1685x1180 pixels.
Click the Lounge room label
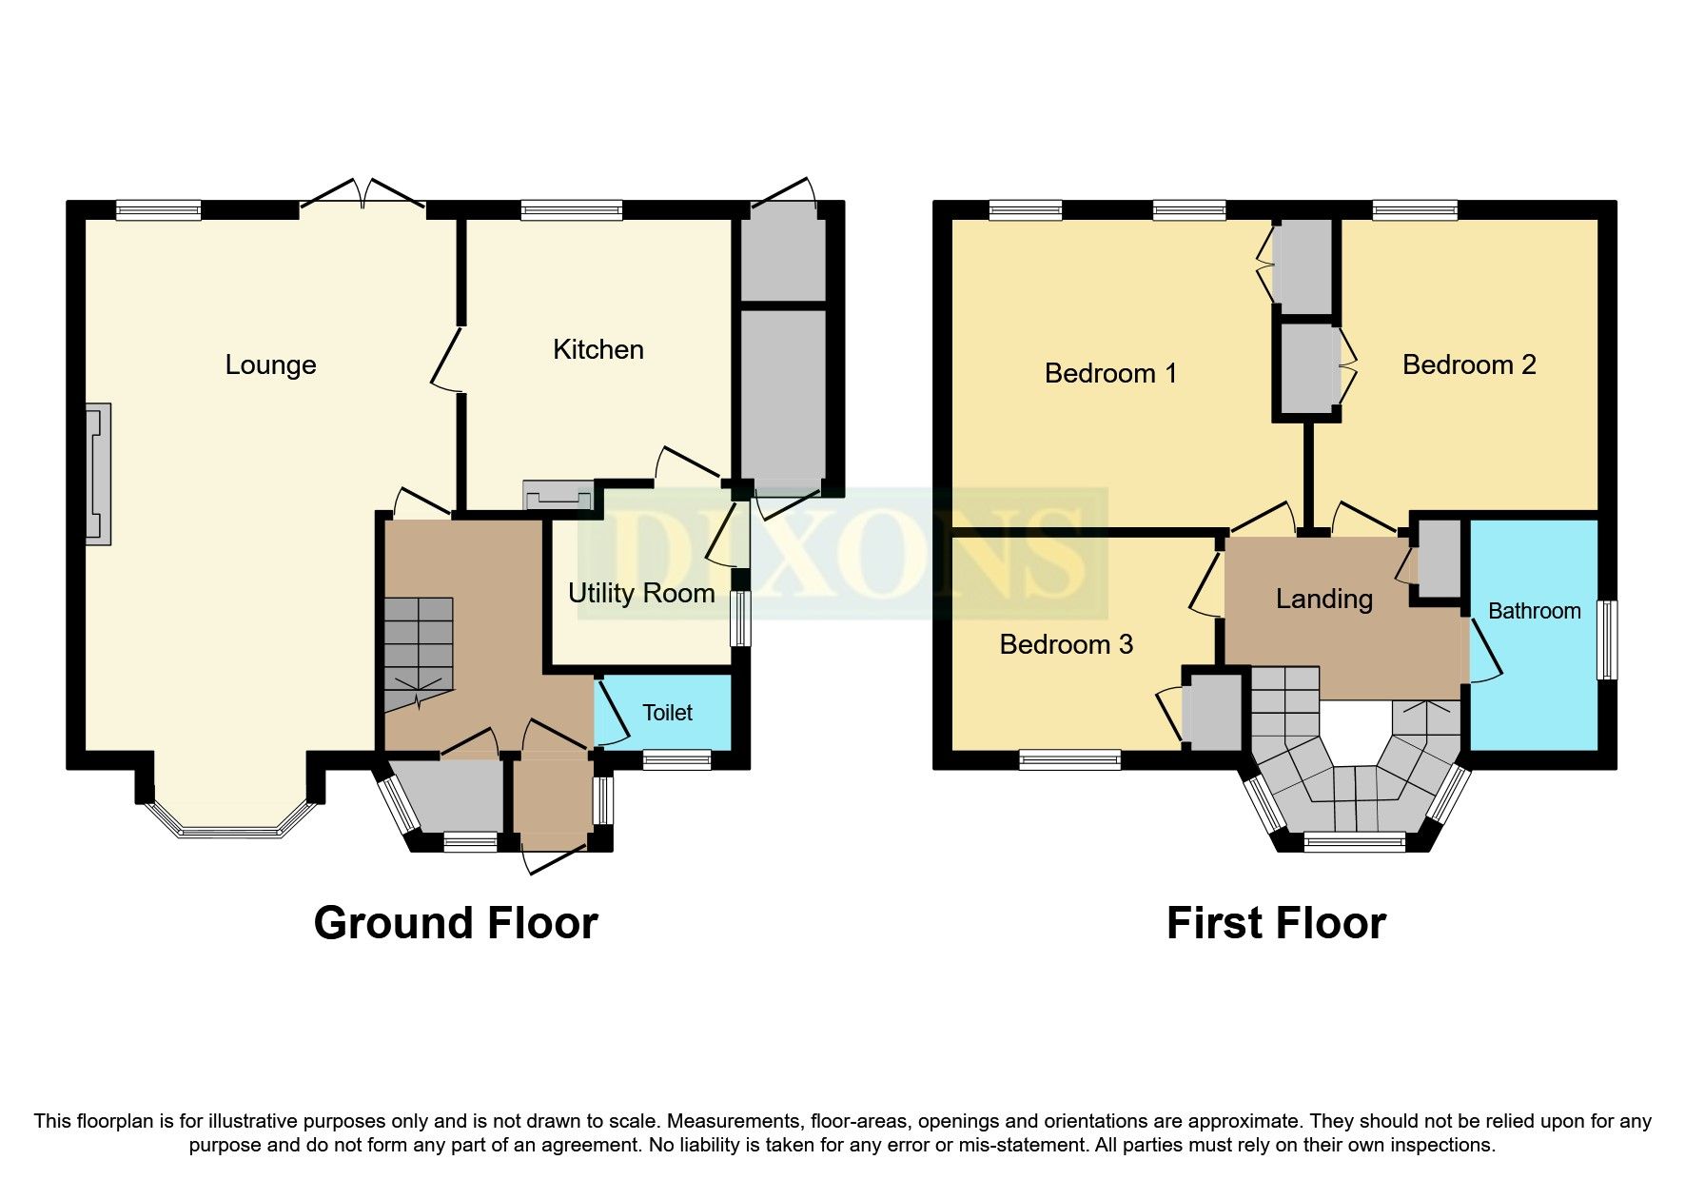pyautogui.click(x=270, y=365)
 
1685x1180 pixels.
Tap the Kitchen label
pyautogui.click(x=598, y=350)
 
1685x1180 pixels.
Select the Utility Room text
pyautogui.click(x=641, y=594)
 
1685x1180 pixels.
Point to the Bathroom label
pyautogui.click(x=1534, y=611)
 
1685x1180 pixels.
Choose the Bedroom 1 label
pyautogui.click(x=1110, y=373)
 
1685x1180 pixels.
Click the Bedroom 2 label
pyautogui.click(x=1469, y=365)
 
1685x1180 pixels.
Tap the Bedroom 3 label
pyautogui.click(x=1066, y=645)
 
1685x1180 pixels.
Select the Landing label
pyautogui.click(x=1323, y=599)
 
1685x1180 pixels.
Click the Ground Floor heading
pyautogui.click(x=456, y=923)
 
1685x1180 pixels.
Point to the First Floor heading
pyautogui.click(x=1276, y=923)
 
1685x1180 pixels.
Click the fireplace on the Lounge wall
pyautogui.click(x=98, y=474)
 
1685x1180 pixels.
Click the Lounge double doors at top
pyautogui.click(x=363, y=192)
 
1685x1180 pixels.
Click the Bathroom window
pyautogui.click(x=1607, y=639)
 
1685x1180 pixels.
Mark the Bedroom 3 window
pyautogui.click(x=1069, y=759)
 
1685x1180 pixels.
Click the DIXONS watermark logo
pyautogui.click(x=842, y=552)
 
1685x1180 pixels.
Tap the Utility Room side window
pyautogui.click(x=739, y=619)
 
